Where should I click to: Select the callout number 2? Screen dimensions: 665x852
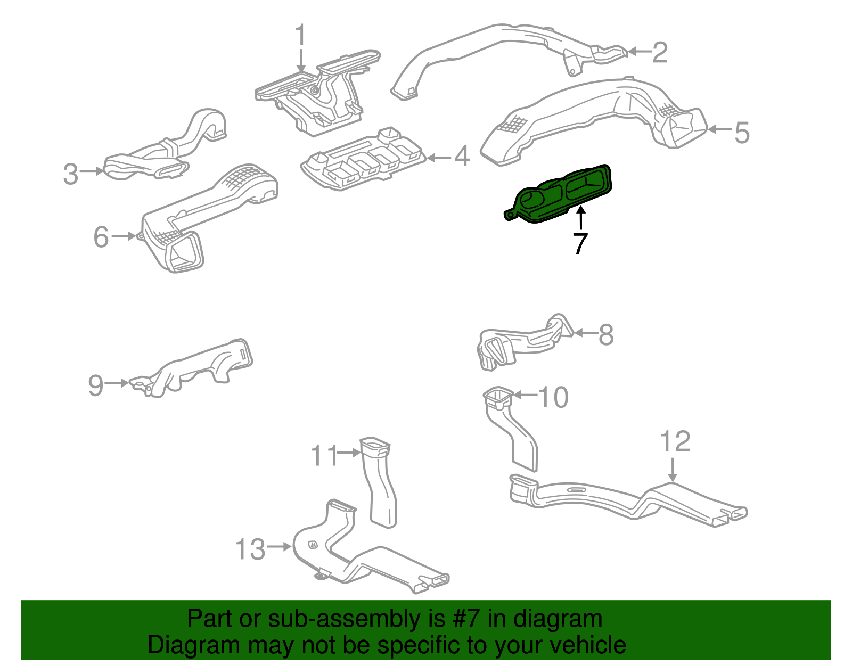(660, 52)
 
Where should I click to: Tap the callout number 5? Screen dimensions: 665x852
(742, 132)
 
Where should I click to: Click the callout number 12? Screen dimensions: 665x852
(675, 441)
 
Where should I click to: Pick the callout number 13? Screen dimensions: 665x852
(250, 549)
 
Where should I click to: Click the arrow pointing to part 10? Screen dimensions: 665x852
(525, 395)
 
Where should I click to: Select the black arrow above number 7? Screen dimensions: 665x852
(581, 218)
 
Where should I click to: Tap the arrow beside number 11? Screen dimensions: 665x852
(349, 453)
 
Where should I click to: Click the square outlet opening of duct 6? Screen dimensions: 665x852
(185, 254)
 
